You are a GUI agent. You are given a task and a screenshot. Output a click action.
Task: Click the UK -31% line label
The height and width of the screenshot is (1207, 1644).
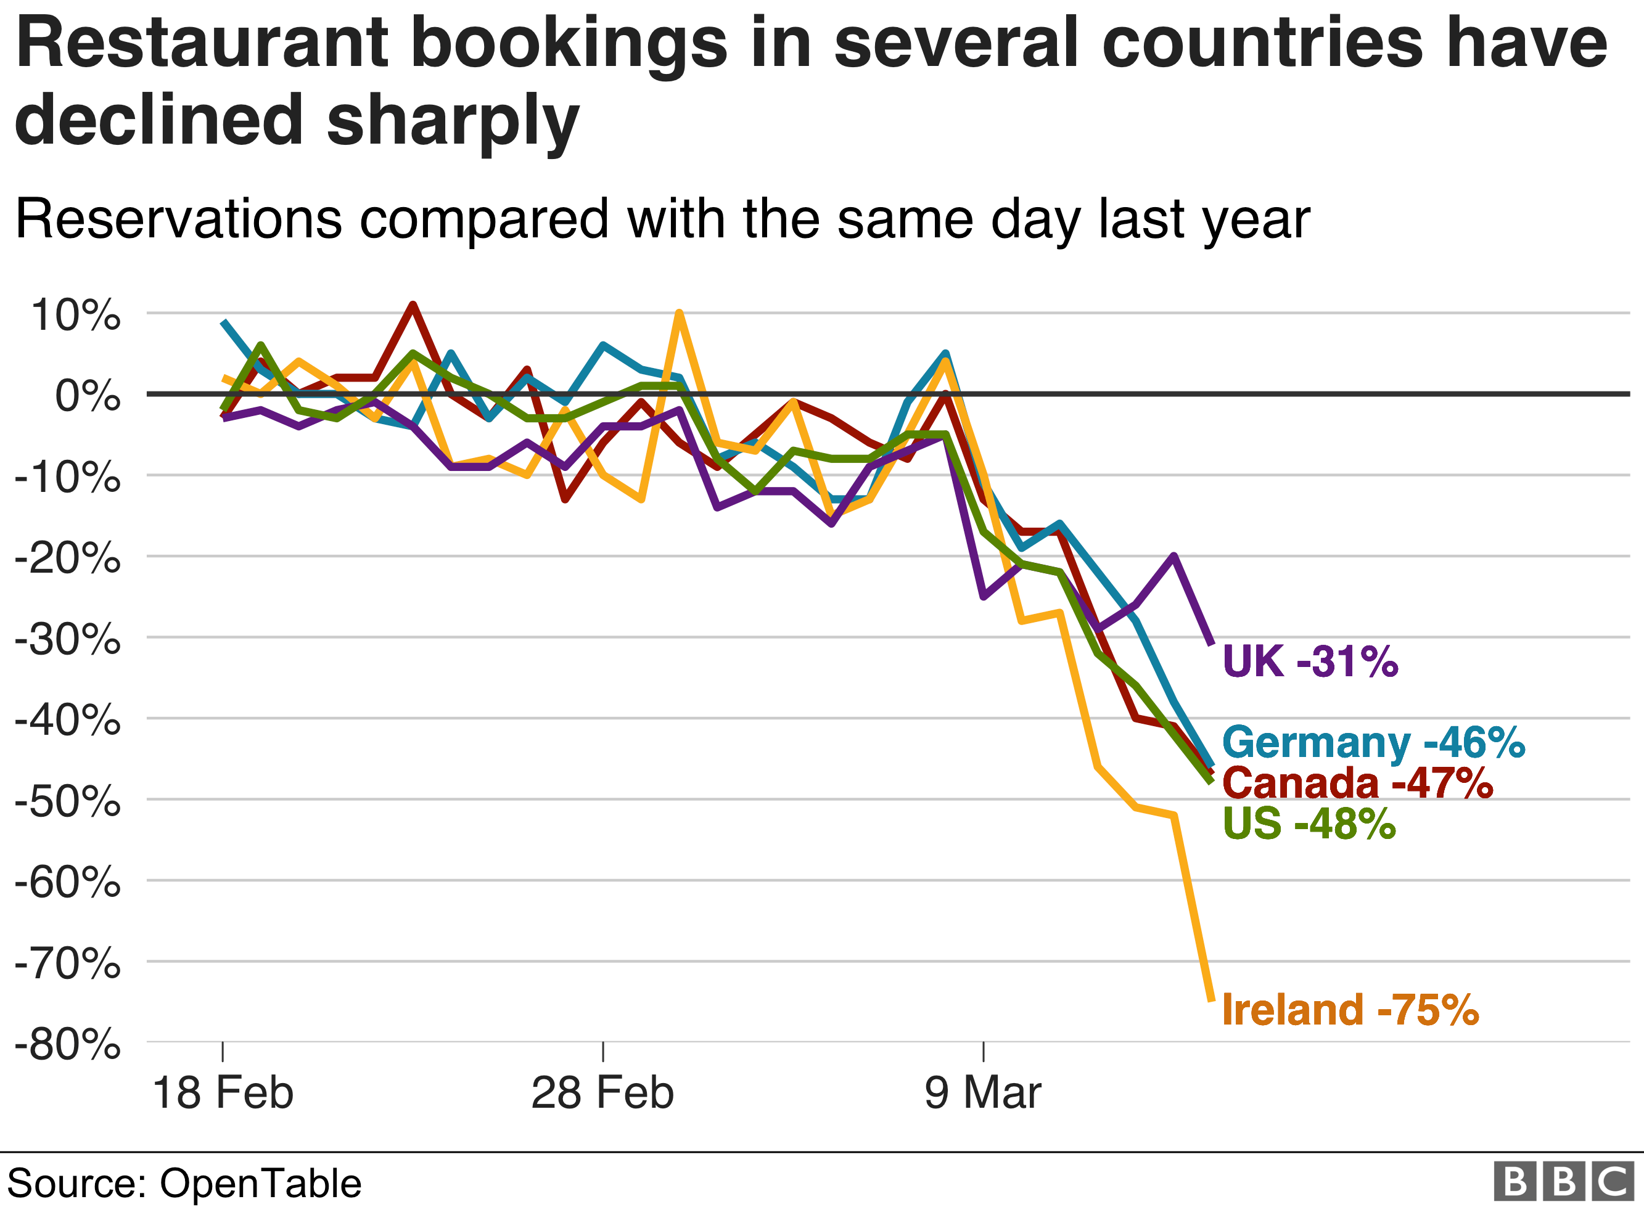pyautogui.click(x=1309, y=662)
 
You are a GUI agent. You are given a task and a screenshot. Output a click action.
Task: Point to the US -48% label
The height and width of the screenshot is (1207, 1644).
pyautogui.click(x=1309, y=824)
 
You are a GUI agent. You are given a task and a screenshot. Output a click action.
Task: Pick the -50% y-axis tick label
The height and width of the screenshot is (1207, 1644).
pyautogui.click(x=67, y=801)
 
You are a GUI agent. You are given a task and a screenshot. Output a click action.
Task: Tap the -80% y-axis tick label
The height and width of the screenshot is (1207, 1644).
pyautogui.click(x=67, y=1045)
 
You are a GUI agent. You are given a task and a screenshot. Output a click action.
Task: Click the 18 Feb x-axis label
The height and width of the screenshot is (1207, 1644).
pyautogui.click(x=222, y=1094)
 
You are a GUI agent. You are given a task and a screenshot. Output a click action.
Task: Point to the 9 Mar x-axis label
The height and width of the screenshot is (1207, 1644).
pyautogui.click(x=983, y=1094)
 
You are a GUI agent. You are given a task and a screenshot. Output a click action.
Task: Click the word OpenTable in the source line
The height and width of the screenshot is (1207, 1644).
pyautogui.click(x=260, y=1184)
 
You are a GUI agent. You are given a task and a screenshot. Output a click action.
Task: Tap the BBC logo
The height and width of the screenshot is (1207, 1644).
pyautogui.click(x=1564, y=1182)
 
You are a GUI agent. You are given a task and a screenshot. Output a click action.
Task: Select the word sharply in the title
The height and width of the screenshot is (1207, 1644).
pyautogui.click(x=453, y=121)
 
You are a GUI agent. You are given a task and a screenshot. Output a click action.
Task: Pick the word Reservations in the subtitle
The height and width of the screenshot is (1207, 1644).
pyautogui.click(x=179, y=219)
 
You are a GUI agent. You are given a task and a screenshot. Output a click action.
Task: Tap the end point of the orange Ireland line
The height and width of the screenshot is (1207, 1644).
pyautogui.click(x=1212, y=999)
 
